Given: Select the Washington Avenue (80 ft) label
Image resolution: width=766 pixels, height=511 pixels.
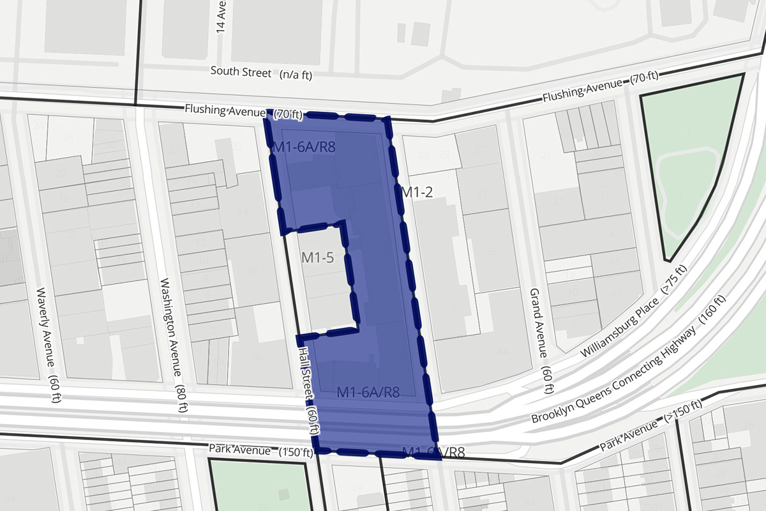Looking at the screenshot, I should [173, 346].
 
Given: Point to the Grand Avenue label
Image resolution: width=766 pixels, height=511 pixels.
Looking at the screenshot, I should [539, 333].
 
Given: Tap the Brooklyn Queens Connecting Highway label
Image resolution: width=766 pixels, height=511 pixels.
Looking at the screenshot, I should [629, 362].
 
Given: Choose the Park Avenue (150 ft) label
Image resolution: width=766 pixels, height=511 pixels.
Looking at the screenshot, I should [260, 451].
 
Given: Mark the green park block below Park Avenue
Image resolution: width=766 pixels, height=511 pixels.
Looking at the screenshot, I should [259, 485].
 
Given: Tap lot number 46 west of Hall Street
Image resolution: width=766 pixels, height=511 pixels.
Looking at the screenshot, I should [258, 357].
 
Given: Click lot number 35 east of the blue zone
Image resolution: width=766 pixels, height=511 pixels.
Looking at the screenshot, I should [491, 251].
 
